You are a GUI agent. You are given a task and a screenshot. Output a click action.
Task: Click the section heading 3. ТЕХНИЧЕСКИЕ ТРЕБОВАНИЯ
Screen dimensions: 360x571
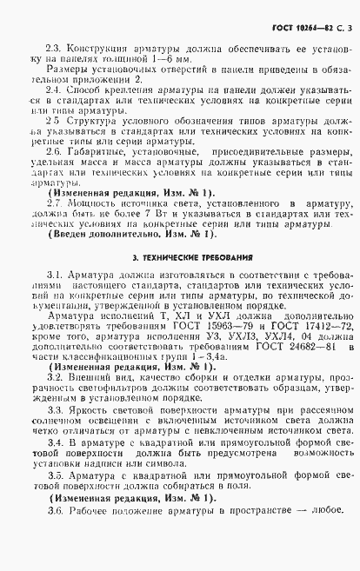pos(180,259)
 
